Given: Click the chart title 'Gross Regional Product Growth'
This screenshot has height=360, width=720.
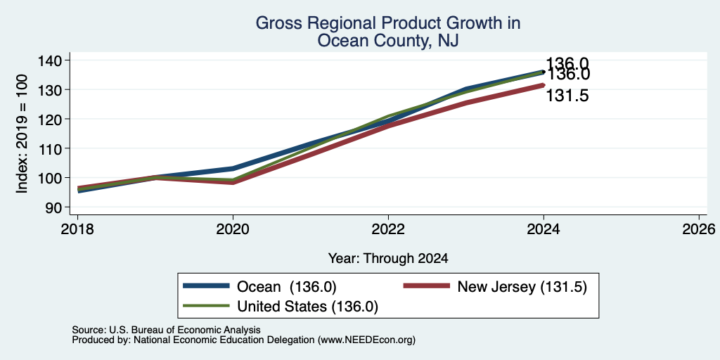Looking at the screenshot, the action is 387,23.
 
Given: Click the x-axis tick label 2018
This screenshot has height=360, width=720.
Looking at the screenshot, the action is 77,229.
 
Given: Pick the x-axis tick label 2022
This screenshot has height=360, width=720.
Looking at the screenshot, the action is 388,229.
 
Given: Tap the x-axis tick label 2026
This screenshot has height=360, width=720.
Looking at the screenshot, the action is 699,229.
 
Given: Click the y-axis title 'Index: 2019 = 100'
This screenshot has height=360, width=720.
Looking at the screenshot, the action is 22,134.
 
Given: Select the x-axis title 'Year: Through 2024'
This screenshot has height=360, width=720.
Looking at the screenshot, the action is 388,259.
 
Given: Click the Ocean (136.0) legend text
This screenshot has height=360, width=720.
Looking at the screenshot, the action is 287,287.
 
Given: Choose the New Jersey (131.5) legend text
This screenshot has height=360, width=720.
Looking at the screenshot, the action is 522,287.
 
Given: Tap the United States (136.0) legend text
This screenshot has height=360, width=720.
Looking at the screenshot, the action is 307,307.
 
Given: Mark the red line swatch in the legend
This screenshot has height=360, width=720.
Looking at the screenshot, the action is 427,286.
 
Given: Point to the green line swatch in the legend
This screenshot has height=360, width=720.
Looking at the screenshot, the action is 206,306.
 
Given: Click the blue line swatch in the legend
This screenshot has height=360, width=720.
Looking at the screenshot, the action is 206,286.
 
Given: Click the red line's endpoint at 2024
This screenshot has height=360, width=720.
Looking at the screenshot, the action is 544,85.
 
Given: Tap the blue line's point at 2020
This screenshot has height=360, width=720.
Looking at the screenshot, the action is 233,169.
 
